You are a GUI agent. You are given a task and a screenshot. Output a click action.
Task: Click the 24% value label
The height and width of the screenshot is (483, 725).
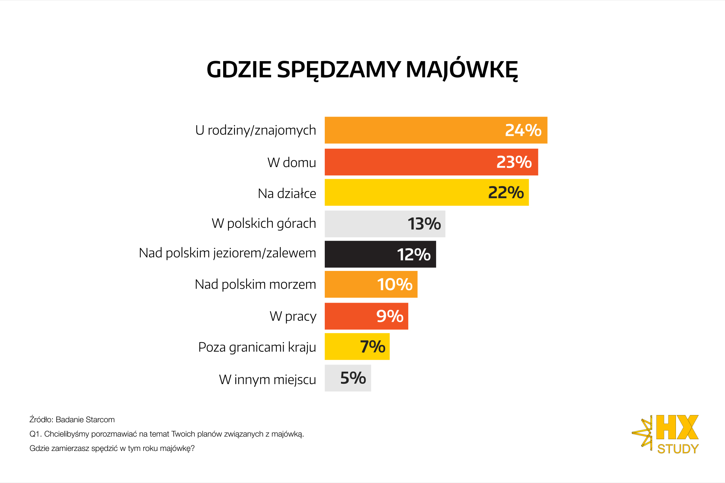(x=523, y=130)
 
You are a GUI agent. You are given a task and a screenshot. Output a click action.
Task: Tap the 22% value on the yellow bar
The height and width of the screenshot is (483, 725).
(x=506, y=192)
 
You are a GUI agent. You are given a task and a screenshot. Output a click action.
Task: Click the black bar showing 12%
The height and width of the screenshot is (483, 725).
(x=359, y=254)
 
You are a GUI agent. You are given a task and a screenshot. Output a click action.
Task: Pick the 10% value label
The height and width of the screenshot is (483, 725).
(x=395, y=285)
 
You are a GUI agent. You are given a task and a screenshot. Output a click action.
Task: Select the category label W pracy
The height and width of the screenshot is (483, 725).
(x=293, y=316)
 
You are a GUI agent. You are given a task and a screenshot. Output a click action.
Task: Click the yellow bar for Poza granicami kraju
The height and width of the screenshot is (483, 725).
(x=340, y=346)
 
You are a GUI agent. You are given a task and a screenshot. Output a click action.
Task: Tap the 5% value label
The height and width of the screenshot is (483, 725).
(x=353, y=378)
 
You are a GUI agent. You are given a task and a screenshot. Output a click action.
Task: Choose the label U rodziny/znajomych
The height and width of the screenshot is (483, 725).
(x=255, y=130)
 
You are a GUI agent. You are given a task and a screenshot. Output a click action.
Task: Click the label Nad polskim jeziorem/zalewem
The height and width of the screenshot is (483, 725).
(x=227, y=253)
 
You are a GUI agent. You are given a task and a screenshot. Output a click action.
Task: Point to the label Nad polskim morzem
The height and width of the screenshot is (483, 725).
(x=255, y=284)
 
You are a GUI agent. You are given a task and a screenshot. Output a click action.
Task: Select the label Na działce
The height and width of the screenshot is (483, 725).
(x=287, y=193)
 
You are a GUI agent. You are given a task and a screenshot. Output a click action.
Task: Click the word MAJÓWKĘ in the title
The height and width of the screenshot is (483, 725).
(x=461, y=70)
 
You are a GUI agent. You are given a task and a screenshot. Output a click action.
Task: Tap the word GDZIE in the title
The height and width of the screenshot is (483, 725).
(x=239, y=70)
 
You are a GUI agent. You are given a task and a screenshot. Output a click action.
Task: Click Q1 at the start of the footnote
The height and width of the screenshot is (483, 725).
(x=35, y=434)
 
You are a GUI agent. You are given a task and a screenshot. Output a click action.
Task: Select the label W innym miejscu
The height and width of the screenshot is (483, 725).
(x=267, y=379)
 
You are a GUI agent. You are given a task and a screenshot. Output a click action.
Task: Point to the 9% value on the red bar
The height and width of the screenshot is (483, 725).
(x=390, y=316)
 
